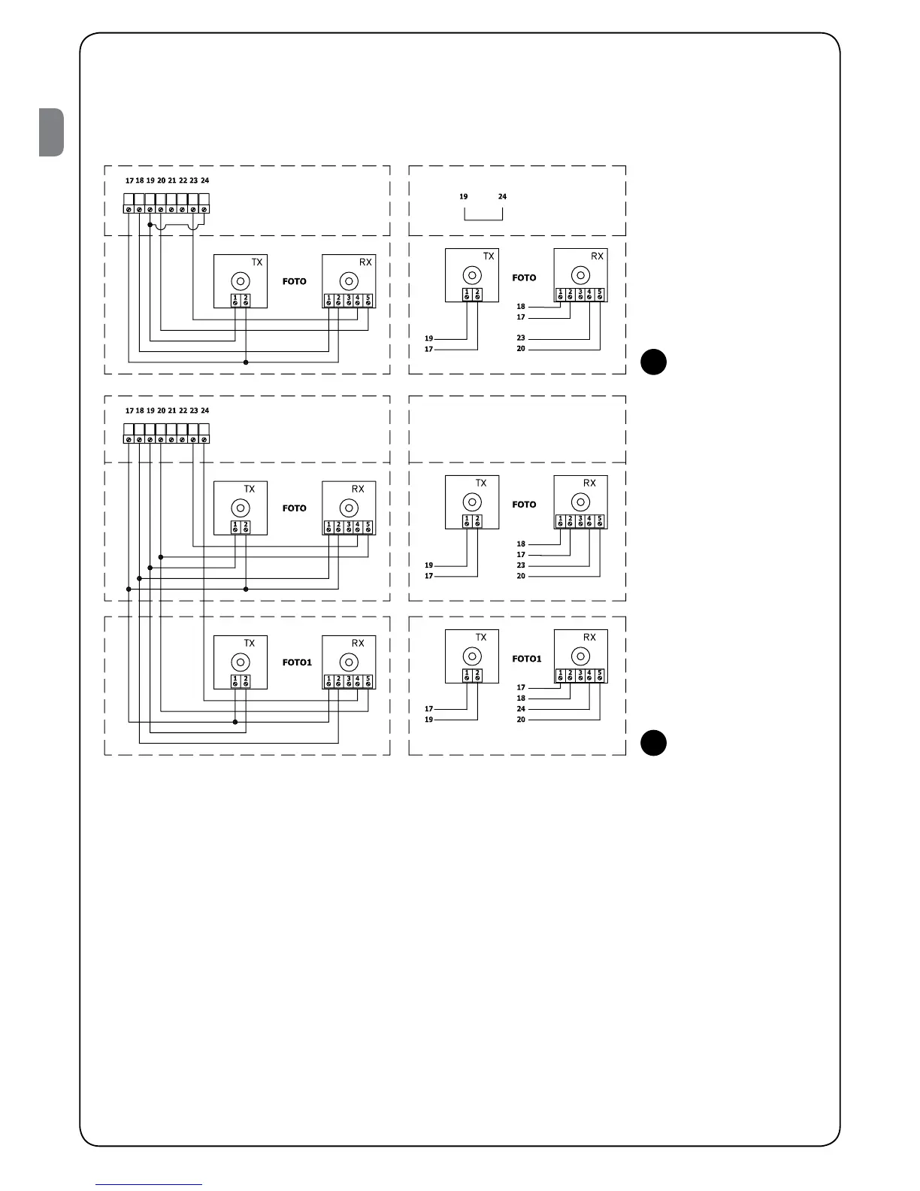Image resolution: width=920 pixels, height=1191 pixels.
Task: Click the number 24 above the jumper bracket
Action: coord(502,197)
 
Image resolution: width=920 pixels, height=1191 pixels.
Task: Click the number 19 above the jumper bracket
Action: coord(464,197)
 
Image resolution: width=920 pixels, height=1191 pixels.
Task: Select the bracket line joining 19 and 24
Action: coord(483,219)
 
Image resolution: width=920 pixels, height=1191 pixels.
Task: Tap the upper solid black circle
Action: coord(653,362)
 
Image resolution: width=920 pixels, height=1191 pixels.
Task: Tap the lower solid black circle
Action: coord(653,742)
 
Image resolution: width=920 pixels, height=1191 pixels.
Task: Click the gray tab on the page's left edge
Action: coord(52,132)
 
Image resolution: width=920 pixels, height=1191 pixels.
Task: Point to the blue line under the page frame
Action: coord(148,1184)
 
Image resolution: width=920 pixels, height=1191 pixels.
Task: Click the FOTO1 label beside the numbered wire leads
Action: coord(526,659)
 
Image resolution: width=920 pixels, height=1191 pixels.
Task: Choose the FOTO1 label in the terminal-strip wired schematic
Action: coord(297,662)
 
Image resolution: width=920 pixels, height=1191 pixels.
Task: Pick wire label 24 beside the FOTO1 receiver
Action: coord(521,709)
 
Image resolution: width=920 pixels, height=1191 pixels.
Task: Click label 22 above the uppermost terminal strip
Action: coord(183,181)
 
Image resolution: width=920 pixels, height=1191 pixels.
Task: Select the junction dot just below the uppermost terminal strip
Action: coord(150,224)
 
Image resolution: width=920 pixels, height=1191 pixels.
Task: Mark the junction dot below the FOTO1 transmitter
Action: coord(235,723)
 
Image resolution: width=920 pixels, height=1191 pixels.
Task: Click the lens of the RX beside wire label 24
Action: coord(580,656)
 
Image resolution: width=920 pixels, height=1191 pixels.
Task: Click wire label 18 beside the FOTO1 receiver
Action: coord(521,699)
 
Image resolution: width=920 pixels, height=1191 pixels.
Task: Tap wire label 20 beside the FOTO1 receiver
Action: coord(521,720)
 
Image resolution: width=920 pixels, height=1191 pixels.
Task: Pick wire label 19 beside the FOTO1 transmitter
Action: coord(429,720)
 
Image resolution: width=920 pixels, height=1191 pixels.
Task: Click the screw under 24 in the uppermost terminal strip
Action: coord(204,208)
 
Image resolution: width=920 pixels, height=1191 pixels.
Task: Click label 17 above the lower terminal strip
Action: coord(129,411)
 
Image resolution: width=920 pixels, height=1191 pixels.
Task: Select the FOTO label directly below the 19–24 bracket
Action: coord(524,278)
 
